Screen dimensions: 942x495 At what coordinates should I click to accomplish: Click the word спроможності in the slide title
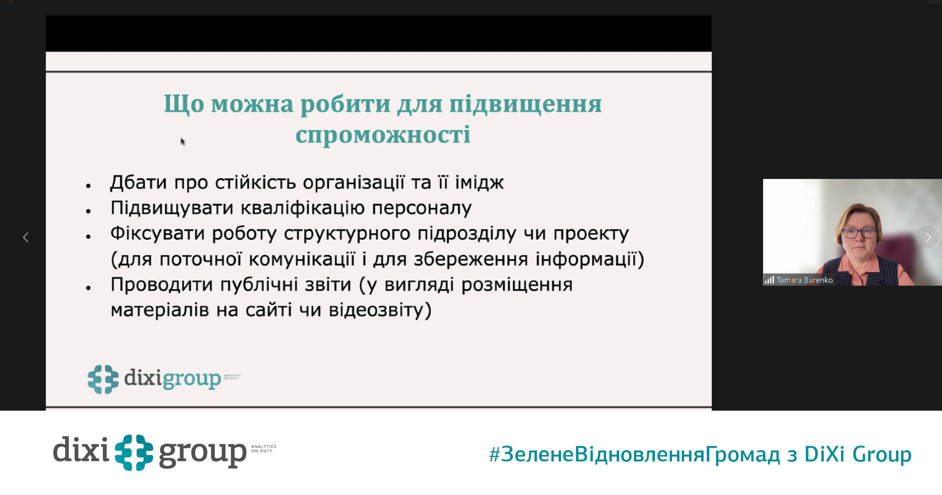tap(383, 135)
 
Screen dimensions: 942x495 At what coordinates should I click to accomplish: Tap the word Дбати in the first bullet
tap(138, 182)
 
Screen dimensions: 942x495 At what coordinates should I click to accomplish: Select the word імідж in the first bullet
tap(479, 182)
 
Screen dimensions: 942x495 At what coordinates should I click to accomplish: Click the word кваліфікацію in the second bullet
tap(303, 208)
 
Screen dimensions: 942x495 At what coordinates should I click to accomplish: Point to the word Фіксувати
tap(158, 233)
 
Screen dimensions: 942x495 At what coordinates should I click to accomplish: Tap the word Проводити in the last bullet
tap(162, 285)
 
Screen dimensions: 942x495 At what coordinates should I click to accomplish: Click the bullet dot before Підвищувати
tap(89, 211)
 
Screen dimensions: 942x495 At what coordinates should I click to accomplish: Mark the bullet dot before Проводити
tap(89, 288)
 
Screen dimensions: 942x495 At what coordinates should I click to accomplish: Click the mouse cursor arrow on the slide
tap(183, 142)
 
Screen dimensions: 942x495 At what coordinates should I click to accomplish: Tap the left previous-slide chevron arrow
tap(26, 237)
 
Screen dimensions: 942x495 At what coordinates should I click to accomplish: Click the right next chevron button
tap(928, 237)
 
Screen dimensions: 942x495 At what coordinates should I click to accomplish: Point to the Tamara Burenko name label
tap(804, 280)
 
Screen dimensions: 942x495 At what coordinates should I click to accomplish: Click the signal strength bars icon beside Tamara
tap(769, 280)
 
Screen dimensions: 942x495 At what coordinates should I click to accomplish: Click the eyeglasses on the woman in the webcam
tap(859, 233)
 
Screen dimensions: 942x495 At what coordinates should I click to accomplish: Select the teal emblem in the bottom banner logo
tap(134, 452)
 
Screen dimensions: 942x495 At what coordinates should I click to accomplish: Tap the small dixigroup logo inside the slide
tap(164, 379)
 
